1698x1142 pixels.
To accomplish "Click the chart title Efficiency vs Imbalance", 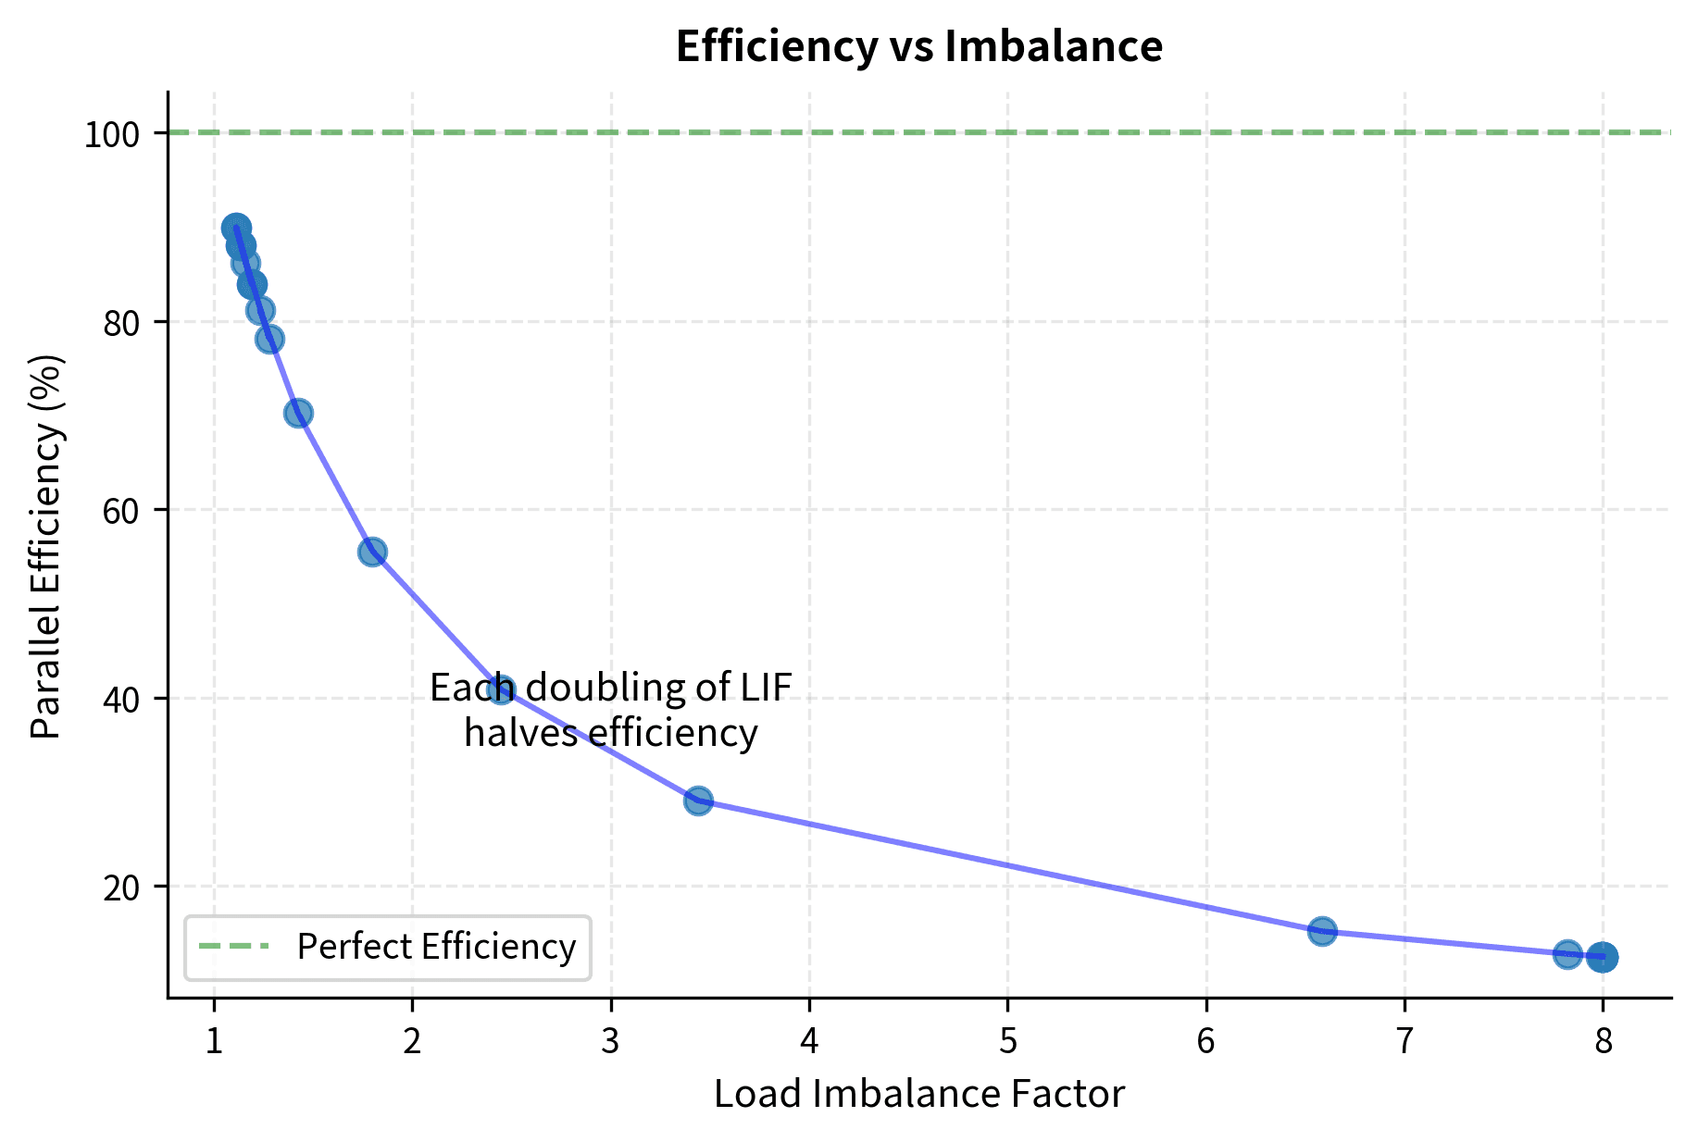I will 918,46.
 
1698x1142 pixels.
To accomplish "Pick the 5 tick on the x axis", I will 1007,1042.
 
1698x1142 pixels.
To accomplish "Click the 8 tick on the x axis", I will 1603,1042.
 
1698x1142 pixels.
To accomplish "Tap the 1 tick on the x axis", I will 214,1042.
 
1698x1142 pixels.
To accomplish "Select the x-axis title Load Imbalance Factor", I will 918,1094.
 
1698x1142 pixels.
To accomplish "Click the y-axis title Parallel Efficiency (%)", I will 46,546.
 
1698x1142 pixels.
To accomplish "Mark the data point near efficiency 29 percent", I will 698,801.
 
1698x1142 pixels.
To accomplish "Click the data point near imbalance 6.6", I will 1322,931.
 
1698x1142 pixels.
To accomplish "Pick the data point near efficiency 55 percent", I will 372,552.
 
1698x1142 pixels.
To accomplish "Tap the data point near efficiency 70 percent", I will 298,413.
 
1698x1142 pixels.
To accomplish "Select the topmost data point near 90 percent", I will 236,228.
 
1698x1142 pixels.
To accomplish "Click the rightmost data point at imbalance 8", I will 1603,958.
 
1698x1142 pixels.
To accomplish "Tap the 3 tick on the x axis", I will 610,1042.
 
